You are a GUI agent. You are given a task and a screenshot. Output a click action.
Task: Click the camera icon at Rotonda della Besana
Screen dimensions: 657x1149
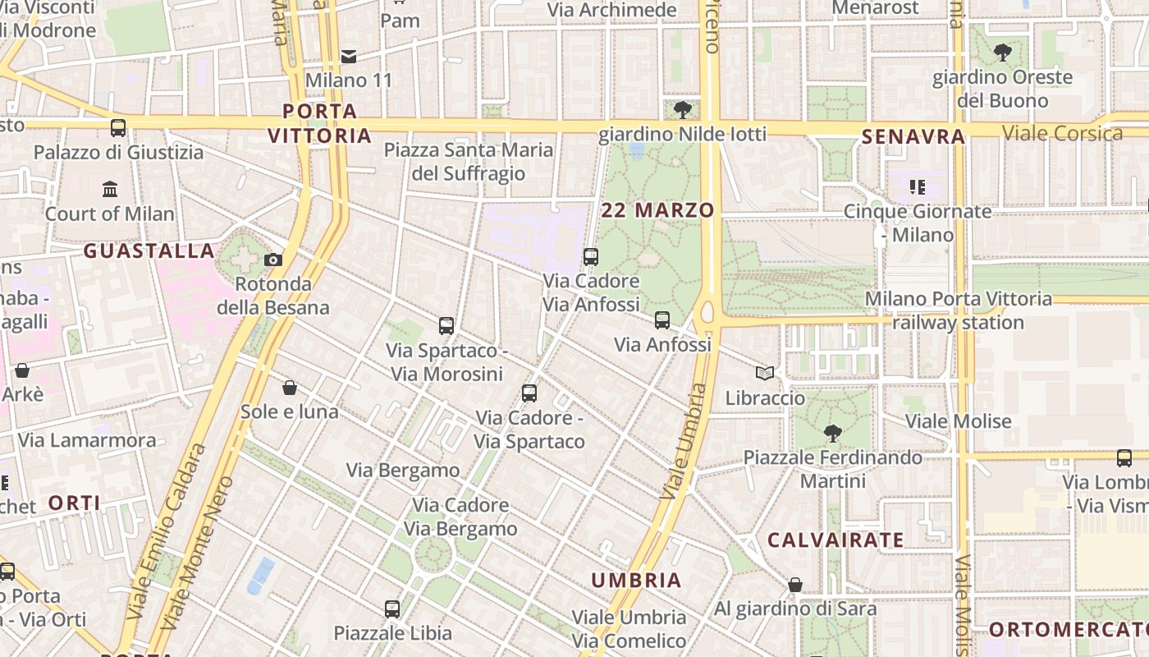pos(273,260)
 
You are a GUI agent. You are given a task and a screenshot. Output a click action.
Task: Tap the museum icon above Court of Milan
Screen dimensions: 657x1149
pos(110,190)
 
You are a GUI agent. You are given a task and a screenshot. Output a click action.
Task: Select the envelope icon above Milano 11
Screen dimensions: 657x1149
pos(349,57)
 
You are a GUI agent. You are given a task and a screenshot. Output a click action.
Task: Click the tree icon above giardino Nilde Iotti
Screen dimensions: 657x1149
pos(682,109)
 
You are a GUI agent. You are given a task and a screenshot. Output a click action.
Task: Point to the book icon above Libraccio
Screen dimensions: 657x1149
pos(765,374)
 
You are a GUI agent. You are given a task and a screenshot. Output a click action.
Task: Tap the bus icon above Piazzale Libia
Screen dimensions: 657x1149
pos(392,609)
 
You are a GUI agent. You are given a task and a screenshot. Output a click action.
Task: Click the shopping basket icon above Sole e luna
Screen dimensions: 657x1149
pos(289,387)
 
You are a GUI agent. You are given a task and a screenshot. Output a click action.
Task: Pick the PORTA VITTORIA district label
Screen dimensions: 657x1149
pos(320,123)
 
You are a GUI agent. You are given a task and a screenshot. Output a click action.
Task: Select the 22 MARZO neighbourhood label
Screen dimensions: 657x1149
pos(657,210)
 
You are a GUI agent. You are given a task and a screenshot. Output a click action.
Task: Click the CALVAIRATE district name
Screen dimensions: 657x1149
pos(835,540)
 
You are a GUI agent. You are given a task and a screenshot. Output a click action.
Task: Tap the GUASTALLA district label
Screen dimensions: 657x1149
pos(149,251)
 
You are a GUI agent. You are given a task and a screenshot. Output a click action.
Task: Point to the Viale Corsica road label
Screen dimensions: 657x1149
pos(1062,133)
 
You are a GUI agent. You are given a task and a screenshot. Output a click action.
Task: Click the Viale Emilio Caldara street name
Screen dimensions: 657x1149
pos(165,532)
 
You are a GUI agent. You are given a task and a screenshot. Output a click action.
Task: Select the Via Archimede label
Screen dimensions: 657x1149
pos(612,11)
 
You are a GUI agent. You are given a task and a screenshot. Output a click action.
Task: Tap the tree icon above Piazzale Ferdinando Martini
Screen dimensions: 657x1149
pos(833,433)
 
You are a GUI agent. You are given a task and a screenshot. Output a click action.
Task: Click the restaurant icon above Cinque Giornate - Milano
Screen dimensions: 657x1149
pos(917,187)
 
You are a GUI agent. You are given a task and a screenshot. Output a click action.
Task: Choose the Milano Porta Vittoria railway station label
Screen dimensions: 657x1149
pos(958,310)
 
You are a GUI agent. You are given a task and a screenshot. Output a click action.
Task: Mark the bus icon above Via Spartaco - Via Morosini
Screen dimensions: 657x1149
pos(446,326)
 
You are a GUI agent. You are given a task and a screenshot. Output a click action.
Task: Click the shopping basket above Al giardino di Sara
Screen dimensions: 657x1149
pos(794,585)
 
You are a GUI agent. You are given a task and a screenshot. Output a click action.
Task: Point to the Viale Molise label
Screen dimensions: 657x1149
pos(958,421)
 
